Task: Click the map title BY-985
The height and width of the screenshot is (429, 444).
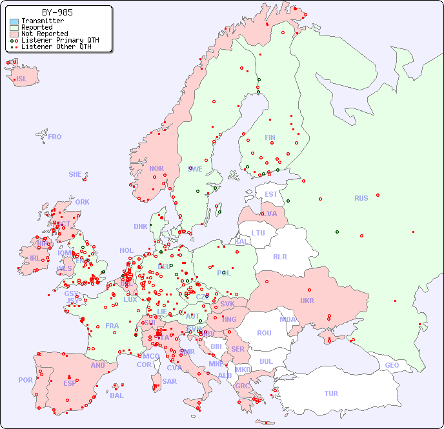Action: click(x=57, y=12)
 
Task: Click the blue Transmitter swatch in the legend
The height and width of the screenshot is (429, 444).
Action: click(x=14, y=21)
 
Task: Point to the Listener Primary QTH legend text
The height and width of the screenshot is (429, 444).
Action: click(x=60, y=40)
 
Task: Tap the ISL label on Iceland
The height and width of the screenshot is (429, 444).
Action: click(x=21, y=79)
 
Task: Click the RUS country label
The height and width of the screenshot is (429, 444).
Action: click(x=361, y=198)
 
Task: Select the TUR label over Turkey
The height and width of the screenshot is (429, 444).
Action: click(x=331, y=394)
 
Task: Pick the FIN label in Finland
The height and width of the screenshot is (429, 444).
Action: click(x=270, y=137)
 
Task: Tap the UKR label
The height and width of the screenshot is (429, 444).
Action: click(x=307, y=301)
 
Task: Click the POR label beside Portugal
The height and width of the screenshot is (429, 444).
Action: click(x=25, y=380)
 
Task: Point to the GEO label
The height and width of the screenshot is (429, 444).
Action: click(x=392, y=365)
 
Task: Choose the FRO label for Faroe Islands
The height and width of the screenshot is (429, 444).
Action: click(x=55, y=137)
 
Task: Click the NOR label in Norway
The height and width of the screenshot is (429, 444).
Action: click(x=156, y=168)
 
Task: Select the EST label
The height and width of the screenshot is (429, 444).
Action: click(x=271, y=194)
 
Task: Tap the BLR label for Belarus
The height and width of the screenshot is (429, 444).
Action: click(x=279, y=256)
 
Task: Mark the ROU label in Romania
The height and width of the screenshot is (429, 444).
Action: click(x=264, y=333)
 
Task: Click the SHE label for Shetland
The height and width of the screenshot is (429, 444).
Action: click(x=76, y=174)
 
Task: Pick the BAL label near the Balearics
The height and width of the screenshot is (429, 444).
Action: click(x=117, y=395)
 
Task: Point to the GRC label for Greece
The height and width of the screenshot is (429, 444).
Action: click(x=243, y=386)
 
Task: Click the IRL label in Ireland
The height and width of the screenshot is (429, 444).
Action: click(x=34, y=257)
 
